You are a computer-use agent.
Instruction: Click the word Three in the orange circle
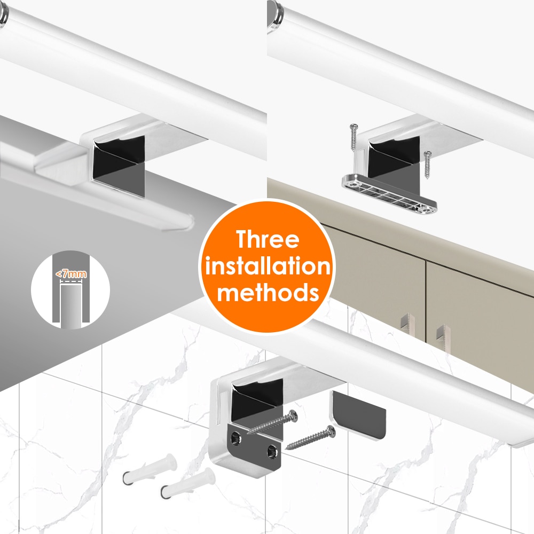pyautogui.click(x=268, y=240)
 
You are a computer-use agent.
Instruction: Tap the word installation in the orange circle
pyautogui.click(x=268, y=266)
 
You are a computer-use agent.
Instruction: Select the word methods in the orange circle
pyautogui.click(x=268, y=292)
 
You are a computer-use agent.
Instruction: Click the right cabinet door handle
pyautogui.click(x=441, y=336)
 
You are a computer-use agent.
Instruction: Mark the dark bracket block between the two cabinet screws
pyautogui.click(x=393, y=160)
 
